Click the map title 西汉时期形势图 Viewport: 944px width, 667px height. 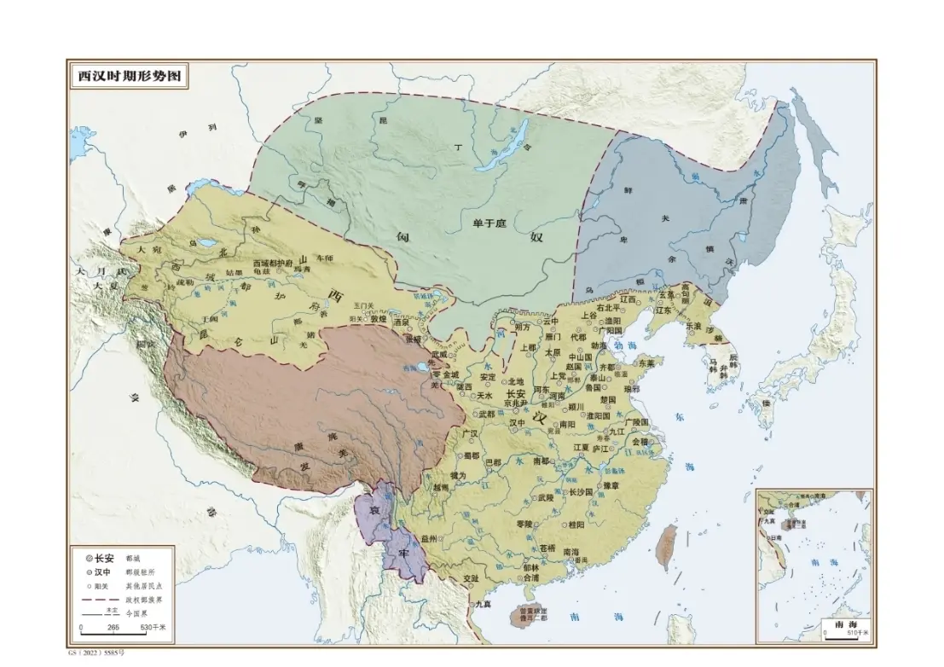129,75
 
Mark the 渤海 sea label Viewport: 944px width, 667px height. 625,346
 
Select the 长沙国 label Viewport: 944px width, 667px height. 581,492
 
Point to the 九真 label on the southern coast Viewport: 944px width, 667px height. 484,604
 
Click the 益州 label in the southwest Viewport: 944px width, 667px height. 429,540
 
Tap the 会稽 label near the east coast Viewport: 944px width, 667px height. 639,442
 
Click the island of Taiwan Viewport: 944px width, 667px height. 669,545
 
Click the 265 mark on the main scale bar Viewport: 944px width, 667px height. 113,628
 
